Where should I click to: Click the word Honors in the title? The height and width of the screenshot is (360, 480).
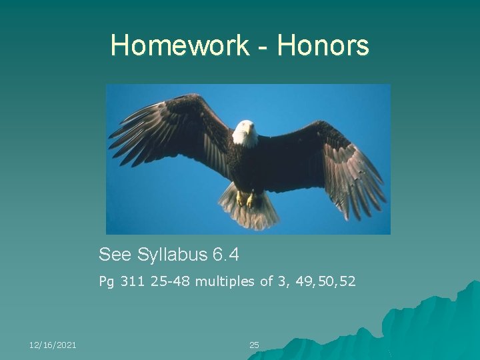tap(323, 46)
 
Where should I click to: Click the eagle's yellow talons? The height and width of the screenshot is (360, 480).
tap(245, 199)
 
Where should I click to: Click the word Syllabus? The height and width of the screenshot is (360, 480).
tap(173, 255)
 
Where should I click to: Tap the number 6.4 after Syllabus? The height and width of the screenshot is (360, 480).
tap(225, 255)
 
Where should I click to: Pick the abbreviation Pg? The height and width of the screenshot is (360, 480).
tap(106, 283)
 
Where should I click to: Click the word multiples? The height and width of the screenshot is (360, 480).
tap(225, 282)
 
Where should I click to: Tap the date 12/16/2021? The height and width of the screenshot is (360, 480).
tap(53, 345)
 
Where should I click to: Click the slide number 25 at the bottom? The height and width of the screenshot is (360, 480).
tap(254, 345)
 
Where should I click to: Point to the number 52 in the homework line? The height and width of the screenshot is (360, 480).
tap(347, 282)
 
